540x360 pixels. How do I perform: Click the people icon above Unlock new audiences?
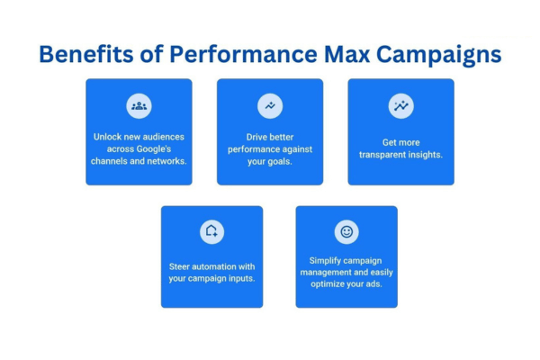[x=139, y=105]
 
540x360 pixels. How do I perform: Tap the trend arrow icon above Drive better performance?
[x=270, y=105]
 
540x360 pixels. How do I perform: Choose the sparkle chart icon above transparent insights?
[x=401, y=105]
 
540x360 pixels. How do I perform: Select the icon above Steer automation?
[x=212, y=232]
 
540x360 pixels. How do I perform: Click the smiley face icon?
[x=346, y=232]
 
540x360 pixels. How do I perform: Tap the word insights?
[x=425, y=154]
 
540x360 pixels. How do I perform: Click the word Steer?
[x=182, y=266]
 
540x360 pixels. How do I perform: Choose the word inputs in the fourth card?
[x=238, y=278]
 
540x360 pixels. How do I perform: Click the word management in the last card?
[x=331, y=273]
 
